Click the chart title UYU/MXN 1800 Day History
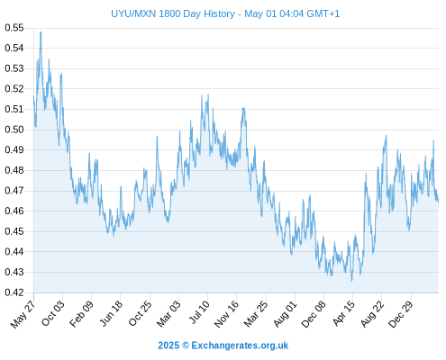(x=173, y=13)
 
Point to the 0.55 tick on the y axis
(x=14, y=28)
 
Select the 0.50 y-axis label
(x=14, y=130)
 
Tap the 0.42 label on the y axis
(x=14, y=292)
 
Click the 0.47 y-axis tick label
(x=14, y=191)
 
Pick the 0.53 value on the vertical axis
(x=14, y=68)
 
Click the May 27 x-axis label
(x=23, y=314)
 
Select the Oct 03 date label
(x=53, y=313)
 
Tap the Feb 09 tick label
(x=82, y=313)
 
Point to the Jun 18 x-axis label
(x=111, y=313)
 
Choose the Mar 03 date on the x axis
(x=169, y=313)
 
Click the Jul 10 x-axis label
(x=199, y=312)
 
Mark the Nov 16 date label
(x=226, y=314)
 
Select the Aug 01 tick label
(x=286, y=314)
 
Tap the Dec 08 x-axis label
(x=314, y=314)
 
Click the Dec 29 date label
(x=401, y=314)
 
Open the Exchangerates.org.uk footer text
(x=240, y=346)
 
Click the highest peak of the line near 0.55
(x=41, y=31)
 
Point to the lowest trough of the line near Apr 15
(x=351, y=281)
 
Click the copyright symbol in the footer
(x=186, y=346)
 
